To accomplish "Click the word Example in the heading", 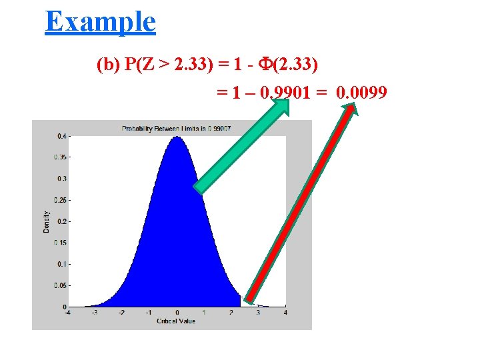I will [101, 21].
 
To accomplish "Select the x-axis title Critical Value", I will [176, 321].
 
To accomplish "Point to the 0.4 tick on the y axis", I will [61, 136].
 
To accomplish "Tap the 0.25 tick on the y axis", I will [59, 200].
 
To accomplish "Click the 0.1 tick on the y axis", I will [61, 264].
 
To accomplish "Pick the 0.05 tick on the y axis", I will [59, 285].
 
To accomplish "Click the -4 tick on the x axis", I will [67, 313].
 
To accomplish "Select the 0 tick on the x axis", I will [177, 313].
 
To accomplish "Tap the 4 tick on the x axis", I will [286, 313].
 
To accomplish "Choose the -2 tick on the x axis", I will [121, 313].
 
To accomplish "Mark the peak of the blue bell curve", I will [177, 137].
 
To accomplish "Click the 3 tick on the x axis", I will [259, 313].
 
